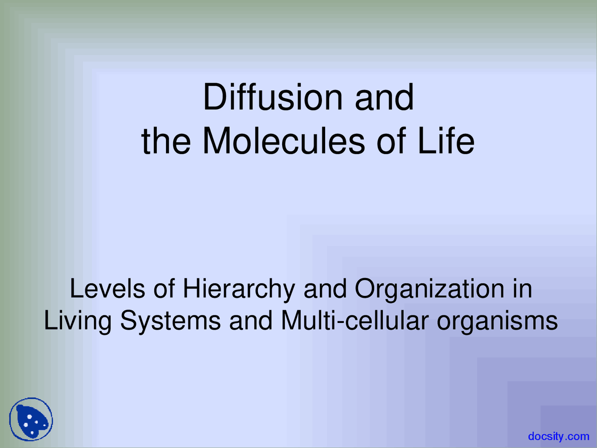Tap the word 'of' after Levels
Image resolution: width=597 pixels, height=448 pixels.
[164, 288]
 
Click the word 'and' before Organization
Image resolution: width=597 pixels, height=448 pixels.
[325, 288]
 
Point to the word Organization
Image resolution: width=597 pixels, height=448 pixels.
[430, 289]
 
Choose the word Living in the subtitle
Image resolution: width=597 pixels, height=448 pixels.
[78, 321]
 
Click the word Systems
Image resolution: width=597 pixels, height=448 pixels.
[170, 321]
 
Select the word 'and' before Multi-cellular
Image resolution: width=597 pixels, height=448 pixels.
[250, 321]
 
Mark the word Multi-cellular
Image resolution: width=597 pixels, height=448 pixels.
[354, 321]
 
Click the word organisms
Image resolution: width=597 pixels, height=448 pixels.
[497, 321]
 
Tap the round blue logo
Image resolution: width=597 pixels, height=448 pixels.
[31, 420]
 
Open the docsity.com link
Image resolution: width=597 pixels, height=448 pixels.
[559, 436]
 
